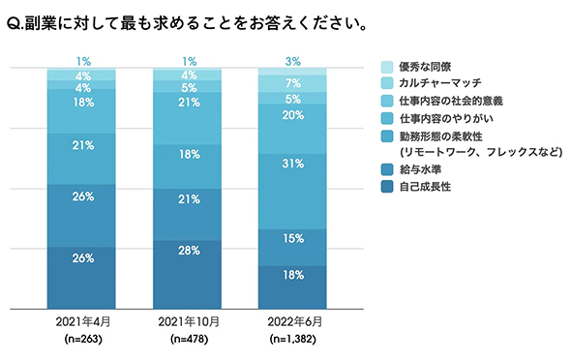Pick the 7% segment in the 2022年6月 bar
coord(293,83)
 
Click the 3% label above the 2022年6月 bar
coord(293,62)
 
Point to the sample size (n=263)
coord(82,340)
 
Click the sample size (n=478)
coord(188,340)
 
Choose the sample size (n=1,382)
coord(293,340)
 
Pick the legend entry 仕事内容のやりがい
coord(439,117)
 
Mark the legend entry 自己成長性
coord(424,187)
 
